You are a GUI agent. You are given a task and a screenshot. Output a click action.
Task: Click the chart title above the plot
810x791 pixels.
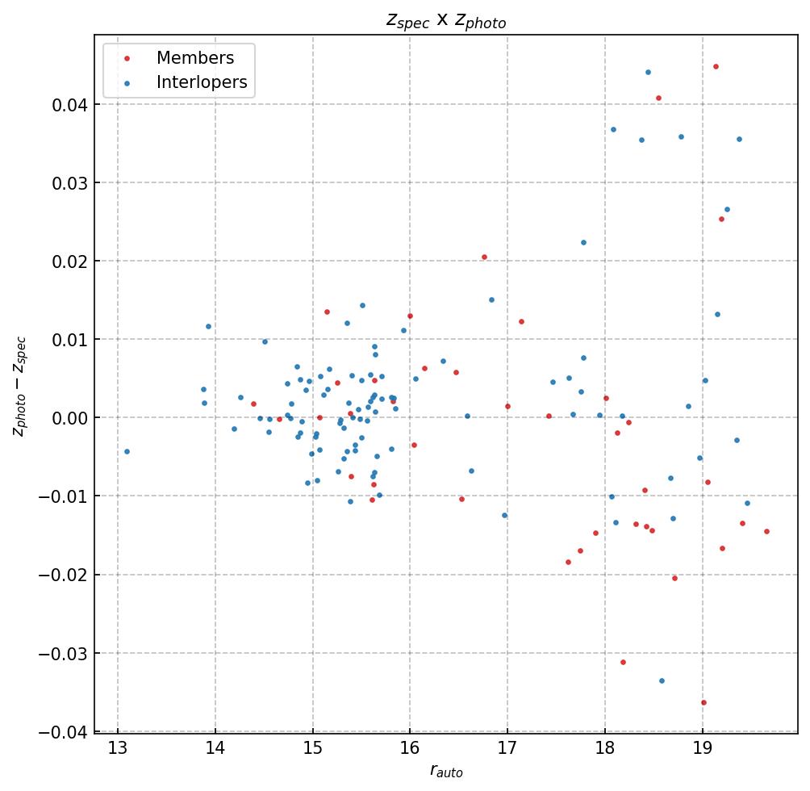[446, 22]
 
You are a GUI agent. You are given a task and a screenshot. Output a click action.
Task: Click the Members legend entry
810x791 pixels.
[194, 58]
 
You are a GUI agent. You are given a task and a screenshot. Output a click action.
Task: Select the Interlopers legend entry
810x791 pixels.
[201, 82]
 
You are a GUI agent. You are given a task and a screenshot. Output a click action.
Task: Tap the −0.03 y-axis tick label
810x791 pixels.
[61, 653]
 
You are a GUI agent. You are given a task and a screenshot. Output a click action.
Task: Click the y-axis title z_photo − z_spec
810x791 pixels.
[19, 387]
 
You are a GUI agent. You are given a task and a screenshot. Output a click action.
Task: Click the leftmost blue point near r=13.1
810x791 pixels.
[127, 451]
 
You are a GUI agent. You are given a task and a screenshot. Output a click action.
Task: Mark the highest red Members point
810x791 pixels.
[716, 66]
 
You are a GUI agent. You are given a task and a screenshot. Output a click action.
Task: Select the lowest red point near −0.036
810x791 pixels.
[704, 702]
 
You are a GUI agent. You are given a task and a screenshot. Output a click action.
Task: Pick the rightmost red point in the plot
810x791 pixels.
[766, 531]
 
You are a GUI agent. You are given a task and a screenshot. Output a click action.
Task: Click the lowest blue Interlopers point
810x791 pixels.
[662, 680]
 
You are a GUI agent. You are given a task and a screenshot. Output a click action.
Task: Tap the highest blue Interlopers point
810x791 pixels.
[648, 72]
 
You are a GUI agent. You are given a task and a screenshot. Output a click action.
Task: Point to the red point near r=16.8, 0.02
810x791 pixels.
[484, 257]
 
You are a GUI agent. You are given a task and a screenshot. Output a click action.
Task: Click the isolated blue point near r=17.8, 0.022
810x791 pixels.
[583, 242]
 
